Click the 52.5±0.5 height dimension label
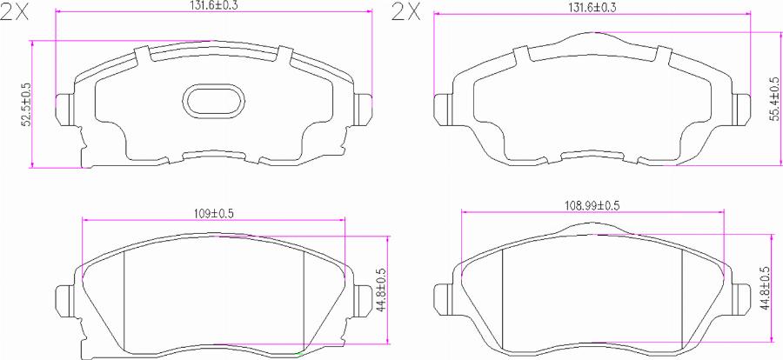[x=26, y=103]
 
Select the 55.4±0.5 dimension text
[x=774, y=100]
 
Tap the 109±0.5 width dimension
[x=214, y=213]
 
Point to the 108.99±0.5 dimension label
[x=592, y=204]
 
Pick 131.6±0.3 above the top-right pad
[x=592, y=8]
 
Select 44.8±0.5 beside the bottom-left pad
[x=383, y=289]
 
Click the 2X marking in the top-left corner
[x=15, y=12]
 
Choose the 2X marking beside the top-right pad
[x=406, y=12]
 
